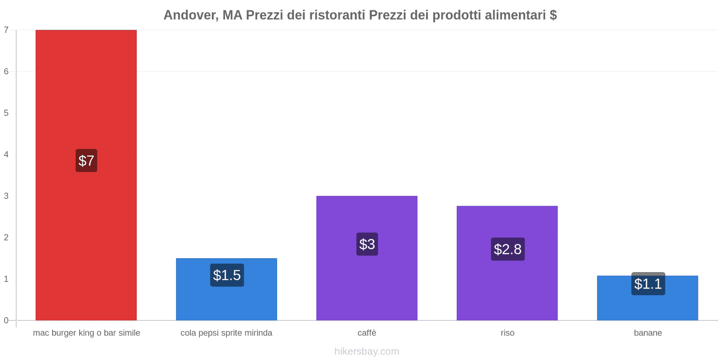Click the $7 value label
pyautogui.click(x=86, y=161)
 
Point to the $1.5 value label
pyautogui.click(x=227, y=275)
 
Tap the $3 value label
pyautogui.click(x=367, y=244)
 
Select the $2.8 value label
pyautogui.click(x=508, y=249)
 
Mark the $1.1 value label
pyautogui.click(x=648, y=284)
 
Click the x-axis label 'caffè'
pyautogui.click(x=367, y=333)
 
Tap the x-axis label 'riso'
pyautogui.click(x=507, y=333)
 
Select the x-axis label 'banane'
pyautogui.click(x=648, y=333)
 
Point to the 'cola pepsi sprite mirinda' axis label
pyautogui.click(x=226, y=333)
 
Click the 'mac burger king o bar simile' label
pyautogui.click(x=86, y=333)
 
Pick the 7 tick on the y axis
pyautogui.click(x=6, y=30)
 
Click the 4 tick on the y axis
pyautogui.click(x=6, y=154)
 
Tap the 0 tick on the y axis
pyautogui.click(x=6, y=320)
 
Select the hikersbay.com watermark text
pyautogui.click(x=367, y=351)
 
